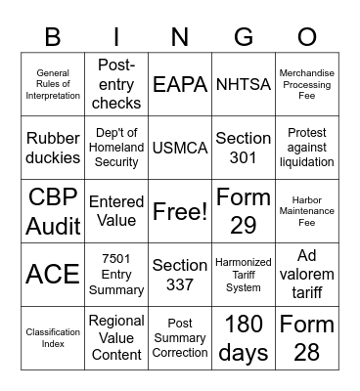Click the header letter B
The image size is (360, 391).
pyautogui.click(x=53, y=37)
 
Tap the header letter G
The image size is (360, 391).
pyautogui.click(x=243, y=37)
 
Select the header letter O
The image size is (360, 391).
pyautogui.click(x=306, y=37)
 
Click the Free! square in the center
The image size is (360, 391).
pyautogui.click(x=180, y=211)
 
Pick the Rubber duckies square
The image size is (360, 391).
pyautogui.click(x=53, y=148)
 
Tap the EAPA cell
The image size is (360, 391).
pyautogui.click(x=180, y=85)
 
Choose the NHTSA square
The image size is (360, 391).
pyautogui.click(x=243, y=85)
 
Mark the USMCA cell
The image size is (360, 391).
pyautogui.click(x=180, y=148)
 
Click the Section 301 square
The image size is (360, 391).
pyautogui.click(x=243, y=148)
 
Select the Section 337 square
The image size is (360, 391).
pyautogui.click(x=180, y=275)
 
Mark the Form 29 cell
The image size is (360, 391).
pyautogui.click(x=243, y=211)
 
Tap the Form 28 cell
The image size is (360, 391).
pyautogui.click(x=306, y=337)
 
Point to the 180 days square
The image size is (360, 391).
pyautogui.click(x=243, y=337)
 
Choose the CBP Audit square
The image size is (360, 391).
pyautogui.click(x=53, y=211)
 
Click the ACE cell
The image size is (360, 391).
pyautogui.click(x=53, y=275)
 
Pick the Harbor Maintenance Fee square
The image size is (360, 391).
pyautogui.click(x=306, y=211)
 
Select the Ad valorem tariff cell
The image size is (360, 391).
pyautogui.click(x=306, y=275)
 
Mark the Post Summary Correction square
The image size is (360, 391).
pyautogui.click(x=180, y=337)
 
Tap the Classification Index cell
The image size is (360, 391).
pyautogui.click(x=53, y=337)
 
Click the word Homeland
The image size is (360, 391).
pyautogui.click(x=116, y=149)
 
